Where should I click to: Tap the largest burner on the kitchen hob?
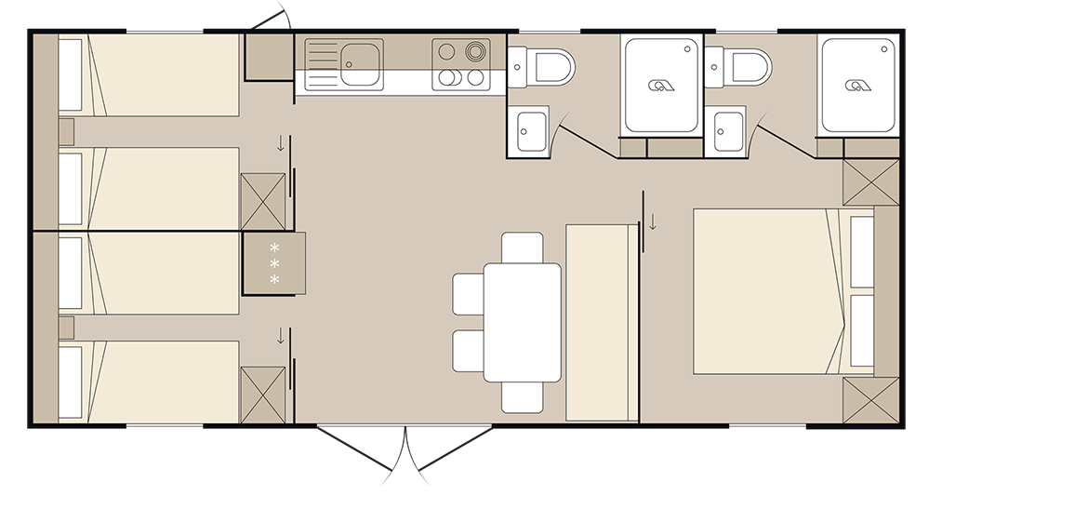[x=477, y=51]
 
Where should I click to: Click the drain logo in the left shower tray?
[x=662, y=86]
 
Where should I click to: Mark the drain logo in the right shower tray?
[x=858, y=86]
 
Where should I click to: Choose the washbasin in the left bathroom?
[x=531, y=129]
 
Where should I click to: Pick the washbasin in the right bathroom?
[x=727, y=129]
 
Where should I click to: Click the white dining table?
[x=522, y=322]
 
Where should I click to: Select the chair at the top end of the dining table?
[x=522, y=248]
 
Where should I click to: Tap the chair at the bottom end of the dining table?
[x=522, y=397]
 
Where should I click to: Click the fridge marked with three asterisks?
[x=273, y=262]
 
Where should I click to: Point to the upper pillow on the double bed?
[x=862, y=251]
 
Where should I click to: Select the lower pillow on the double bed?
[x=862, y=330]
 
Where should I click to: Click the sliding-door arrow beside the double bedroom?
[x=654, y=221]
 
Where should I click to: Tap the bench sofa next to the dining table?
[x=601, y=322]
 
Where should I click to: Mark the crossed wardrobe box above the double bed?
[x=870, y=181]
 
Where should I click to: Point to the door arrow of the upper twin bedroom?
[x=280, y=143]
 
